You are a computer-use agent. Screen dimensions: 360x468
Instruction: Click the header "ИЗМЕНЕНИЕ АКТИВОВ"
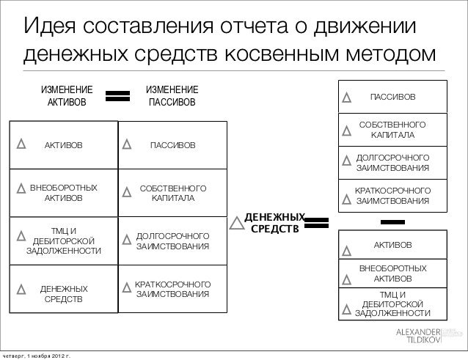click(66, 95)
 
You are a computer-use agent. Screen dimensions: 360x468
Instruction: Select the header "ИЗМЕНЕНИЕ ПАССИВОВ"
click(172, 95)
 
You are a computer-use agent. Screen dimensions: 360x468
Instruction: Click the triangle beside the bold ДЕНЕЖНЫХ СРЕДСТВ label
click(236, 223)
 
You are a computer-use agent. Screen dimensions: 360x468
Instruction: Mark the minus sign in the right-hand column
click(393, 221)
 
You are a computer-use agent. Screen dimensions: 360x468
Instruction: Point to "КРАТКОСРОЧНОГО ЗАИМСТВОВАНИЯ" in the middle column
click(173, 289)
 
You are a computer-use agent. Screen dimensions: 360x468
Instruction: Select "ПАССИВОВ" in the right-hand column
click(392, 97)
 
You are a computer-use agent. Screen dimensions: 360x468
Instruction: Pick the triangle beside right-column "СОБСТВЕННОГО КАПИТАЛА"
click(348, 132)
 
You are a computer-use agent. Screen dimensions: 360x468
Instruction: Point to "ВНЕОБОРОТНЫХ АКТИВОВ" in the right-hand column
click(392, 273)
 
